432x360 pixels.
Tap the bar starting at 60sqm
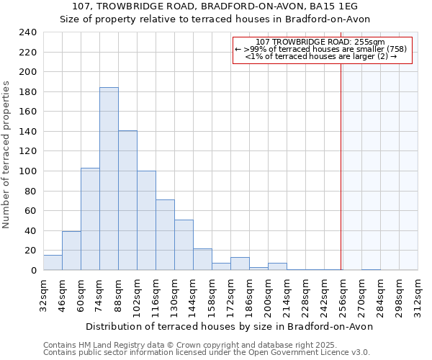pyautogui.click(x=90, y=219)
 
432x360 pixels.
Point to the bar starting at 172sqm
pyautogui.click(x=240, y=264)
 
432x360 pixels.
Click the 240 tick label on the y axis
pyautogui.click(x=28, y=32)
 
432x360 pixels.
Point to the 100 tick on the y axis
pyautogui.click(x=28, y=171)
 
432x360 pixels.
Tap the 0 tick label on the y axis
pyautogui.click(x=34, y=271)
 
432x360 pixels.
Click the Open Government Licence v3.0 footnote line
pyautogui.click(x=207, y=353)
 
